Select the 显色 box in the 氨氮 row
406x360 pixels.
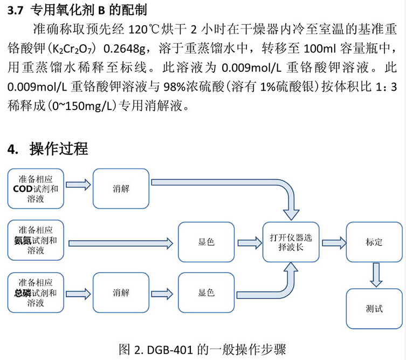[x=207, y=241]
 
